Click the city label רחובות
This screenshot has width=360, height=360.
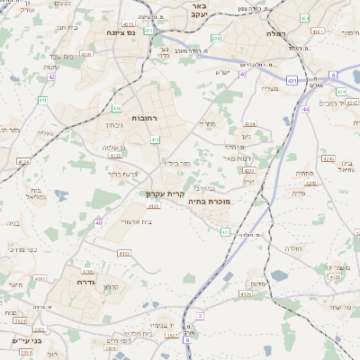144,118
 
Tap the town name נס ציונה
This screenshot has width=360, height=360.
120,32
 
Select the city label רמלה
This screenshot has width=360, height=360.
275,32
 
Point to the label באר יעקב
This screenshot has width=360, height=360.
199,10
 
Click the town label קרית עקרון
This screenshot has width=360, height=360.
164,193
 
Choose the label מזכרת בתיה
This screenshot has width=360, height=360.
210,202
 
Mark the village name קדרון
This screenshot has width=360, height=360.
111,287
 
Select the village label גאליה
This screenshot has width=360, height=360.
46,132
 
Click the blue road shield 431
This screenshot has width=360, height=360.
292,81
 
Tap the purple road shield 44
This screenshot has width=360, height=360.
306,109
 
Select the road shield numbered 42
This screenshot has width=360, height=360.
51,77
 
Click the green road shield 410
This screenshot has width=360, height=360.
42,100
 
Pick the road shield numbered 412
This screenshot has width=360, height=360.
156,139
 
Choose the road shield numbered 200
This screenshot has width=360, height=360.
216,39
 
